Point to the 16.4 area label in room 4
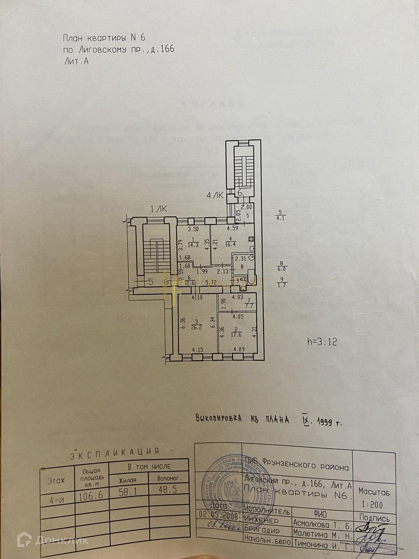pyautogui.click(x=230, y=245)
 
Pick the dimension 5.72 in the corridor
pyautogui.click(x=211, y=283)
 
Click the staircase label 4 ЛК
pyautogui.click(x=215, y=196)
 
